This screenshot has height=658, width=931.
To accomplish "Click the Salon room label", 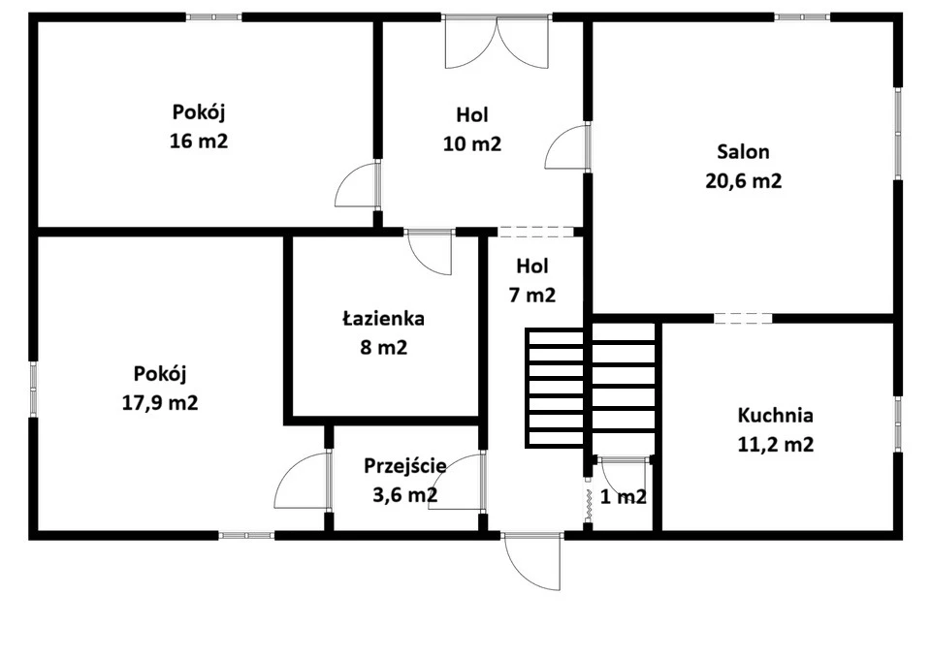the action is (743, 152).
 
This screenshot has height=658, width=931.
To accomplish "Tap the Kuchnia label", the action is (775, 416).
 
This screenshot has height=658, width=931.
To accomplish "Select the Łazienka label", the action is (384, 319).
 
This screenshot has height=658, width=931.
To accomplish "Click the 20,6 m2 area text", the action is (744, 180).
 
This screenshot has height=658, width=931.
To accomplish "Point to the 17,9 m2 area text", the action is (160, 403).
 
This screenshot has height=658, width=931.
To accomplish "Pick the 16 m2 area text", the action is (199, 141).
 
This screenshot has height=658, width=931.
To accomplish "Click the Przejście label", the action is (405, 466).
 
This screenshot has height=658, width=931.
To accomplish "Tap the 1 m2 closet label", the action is (623, 496).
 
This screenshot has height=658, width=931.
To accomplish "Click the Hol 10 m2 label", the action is (472, 129).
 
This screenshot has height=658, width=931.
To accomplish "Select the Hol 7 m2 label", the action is (532, 281).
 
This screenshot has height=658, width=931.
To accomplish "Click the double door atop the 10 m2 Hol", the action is (497, 42).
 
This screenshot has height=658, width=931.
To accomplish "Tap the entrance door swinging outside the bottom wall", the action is (531, 561).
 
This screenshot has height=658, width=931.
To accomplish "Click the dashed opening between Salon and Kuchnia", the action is (743, 319).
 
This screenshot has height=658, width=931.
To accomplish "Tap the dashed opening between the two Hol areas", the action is (535, 232).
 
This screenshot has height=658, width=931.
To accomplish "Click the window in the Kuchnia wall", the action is (898, 424).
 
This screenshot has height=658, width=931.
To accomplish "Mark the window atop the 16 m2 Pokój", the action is (214, 17).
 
